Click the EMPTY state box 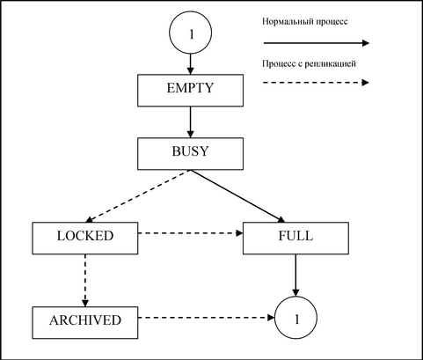190,91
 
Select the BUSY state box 190,154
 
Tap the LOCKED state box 85,238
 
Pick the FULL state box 295,238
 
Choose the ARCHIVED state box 85,323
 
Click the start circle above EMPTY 190,33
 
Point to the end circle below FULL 295,318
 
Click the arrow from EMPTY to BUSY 190,122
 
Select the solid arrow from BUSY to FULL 237,196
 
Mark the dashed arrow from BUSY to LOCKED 138,196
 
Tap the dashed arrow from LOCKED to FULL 191,233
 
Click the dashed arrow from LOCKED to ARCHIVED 85,281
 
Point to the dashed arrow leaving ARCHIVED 207,318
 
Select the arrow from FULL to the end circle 295,276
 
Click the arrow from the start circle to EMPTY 190,64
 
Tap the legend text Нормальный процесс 305,22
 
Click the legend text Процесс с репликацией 309,63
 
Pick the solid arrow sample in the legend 317,43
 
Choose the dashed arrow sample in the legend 316,83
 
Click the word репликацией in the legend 331,64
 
